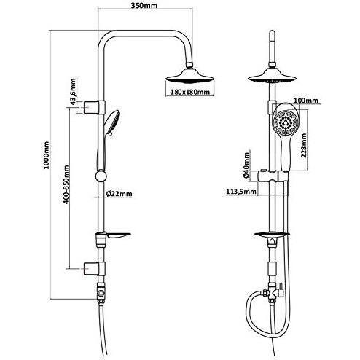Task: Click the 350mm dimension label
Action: point(144,5)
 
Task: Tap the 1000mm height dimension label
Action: point(46,155)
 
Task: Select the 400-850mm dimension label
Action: point(66,184)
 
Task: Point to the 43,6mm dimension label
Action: point(73,92)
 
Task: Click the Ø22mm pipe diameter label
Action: point(120,194)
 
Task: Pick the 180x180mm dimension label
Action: point(190,92)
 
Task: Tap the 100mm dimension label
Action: point(306,100)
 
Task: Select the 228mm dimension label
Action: point(304,145)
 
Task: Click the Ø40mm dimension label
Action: point(246,165)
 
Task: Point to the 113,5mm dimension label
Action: point(241,192)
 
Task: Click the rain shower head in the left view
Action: point(190,76)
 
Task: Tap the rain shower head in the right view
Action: point(272,76)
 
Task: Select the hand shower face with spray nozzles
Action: point(285,122)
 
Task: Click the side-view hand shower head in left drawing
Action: point(112,123)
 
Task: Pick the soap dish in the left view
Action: point(114,235)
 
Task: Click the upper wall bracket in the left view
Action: point(95,107)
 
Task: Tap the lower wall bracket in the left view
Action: point(95,269)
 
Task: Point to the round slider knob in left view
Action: point(101,176)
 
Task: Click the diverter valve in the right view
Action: point(273,293)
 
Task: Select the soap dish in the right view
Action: point(272,235)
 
